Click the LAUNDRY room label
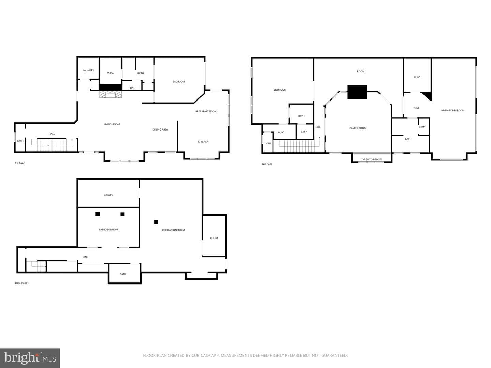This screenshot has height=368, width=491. [88, 70]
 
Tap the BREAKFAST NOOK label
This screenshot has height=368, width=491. [206, 111]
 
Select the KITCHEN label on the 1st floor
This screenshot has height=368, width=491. [203, 142]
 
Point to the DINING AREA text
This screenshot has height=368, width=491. [160, 129]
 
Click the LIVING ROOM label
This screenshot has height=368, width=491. [112, 124]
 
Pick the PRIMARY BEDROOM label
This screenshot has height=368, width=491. [453, 110]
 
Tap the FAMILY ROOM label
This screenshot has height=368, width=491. [358, 128]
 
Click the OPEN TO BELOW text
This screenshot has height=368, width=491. [372, 159]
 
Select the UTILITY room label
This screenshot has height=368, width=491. [108, 195]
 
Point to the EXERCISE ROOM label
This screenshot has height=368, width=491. [108, 229]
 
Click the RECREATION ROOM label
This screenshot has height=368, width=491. [173, 230]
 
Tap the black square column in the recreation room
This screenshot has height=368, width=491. [157, 222]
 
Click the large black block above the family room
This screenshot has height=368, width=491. [357, 92]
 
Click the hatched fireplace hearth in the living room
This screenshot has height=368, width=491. [110, 94]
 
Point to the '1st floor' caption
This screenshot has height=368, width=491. [20, 163]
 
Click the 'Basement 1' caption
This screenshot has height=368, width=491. [22, 283]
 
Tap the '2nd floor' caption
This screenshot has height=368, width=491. [267, 164]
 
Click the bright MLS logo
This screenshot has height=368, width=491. [30, 358]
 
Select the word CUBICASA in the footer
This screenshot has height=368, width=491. [200, 355]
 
